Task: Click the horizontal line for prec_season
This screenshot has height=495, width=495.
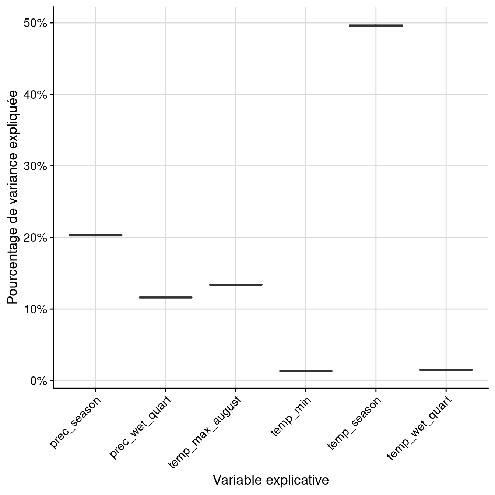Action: coord(95,235)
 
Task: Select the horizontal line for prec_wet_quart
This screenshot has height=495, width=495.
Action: coord(165,298)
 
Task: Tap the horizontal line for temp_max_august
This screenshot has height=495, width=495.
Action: coord(236,285)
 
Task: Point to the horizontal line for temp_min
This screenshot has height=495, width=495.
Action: coord(306,371)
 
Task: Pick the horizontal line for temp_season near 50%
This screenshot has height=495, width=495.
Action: coord(376,25)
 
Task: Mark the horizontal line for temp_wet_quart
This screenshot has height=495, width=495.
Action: coord(446,370)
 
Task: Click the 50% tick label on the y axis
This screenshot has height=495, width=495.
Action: coord(36,23)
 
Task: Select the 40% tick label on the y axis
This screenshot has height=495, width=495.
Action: coord(36,95)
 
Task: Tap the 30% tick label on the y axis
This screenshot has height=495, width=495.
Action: coord(36,166)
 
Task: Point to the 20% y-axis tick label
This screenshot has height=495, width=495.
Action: coord(36,238)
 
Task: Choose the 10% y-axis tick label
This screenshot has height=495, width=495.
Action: coord(36,309)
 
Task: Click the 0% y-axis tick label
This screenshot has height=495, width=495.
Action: coord(38,381)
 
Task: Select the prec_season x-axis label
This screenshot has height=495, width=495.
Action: coord(76,422)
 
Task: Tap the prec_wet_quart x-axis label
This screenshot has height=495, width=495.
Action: coord(140,427)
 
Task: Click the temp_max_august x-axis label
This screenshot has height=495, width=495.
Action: coord(205,432)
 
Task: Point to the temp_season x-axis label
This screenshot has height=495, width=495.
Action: coord(354,423)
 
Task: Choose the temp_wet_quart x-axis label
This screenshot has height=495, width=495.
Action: coord(419,428)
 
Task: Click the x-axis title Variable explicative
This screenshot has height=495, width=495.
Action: coord(271,480)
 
